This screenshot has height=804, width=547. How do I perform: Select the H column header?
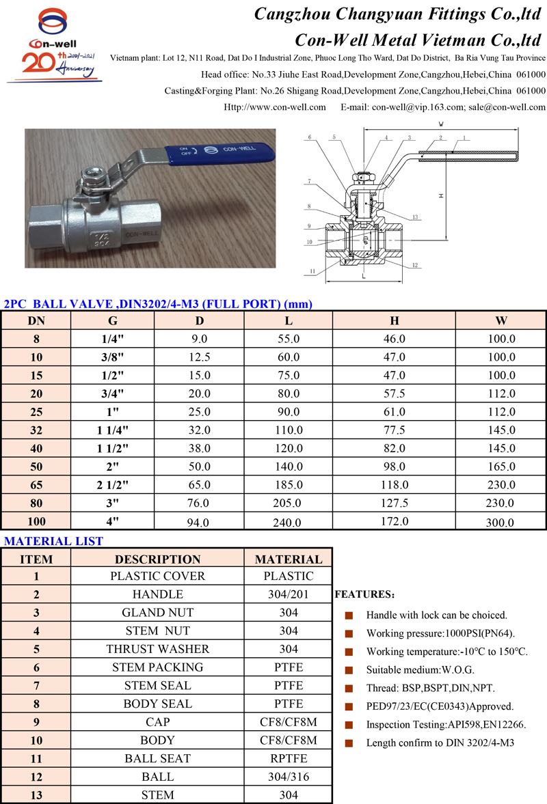(395, 320)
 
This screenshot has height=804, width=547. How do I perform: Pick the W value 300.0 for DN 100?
(501, 523)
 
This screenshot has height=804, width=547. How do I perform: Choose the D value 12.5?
(200, 357)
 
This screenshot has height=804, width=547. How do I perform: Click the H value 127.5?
(395, 503)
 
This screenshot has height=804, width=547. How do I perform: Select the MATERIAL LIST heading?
(54, 541)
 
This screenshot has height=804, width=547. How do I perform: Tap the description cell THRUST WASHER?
(157, 649)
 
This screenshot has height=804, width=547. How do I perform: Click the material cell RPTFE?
(289, 758)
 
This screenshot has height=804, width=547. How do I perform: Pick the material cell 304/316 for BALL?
(289, 777)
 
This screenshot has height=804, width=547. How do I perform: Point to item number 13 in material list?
(36, 795)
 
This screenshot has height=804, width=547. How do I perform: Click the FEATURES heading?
(364, 595)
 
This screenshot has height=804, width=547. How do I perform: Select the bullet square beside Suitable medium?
(349, 670)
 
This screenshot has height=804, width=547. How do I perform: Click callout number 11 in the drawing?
(312, 271)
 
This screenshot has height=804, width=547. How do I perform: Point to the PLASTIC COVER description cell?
(157, 576)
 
